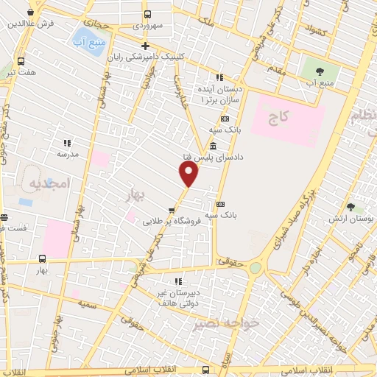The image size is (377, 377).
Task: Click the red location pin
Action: pos(189,174)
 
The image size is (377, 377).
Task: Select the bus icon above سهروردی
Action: pos(148,14)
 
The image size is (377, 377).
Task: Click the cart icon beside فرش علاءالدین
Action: pos(30,13)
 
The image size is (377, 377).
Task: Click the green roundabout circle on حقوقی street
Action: pos(255,268)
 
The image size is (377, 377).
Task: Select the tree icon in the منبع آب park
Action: pos(320,71)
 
